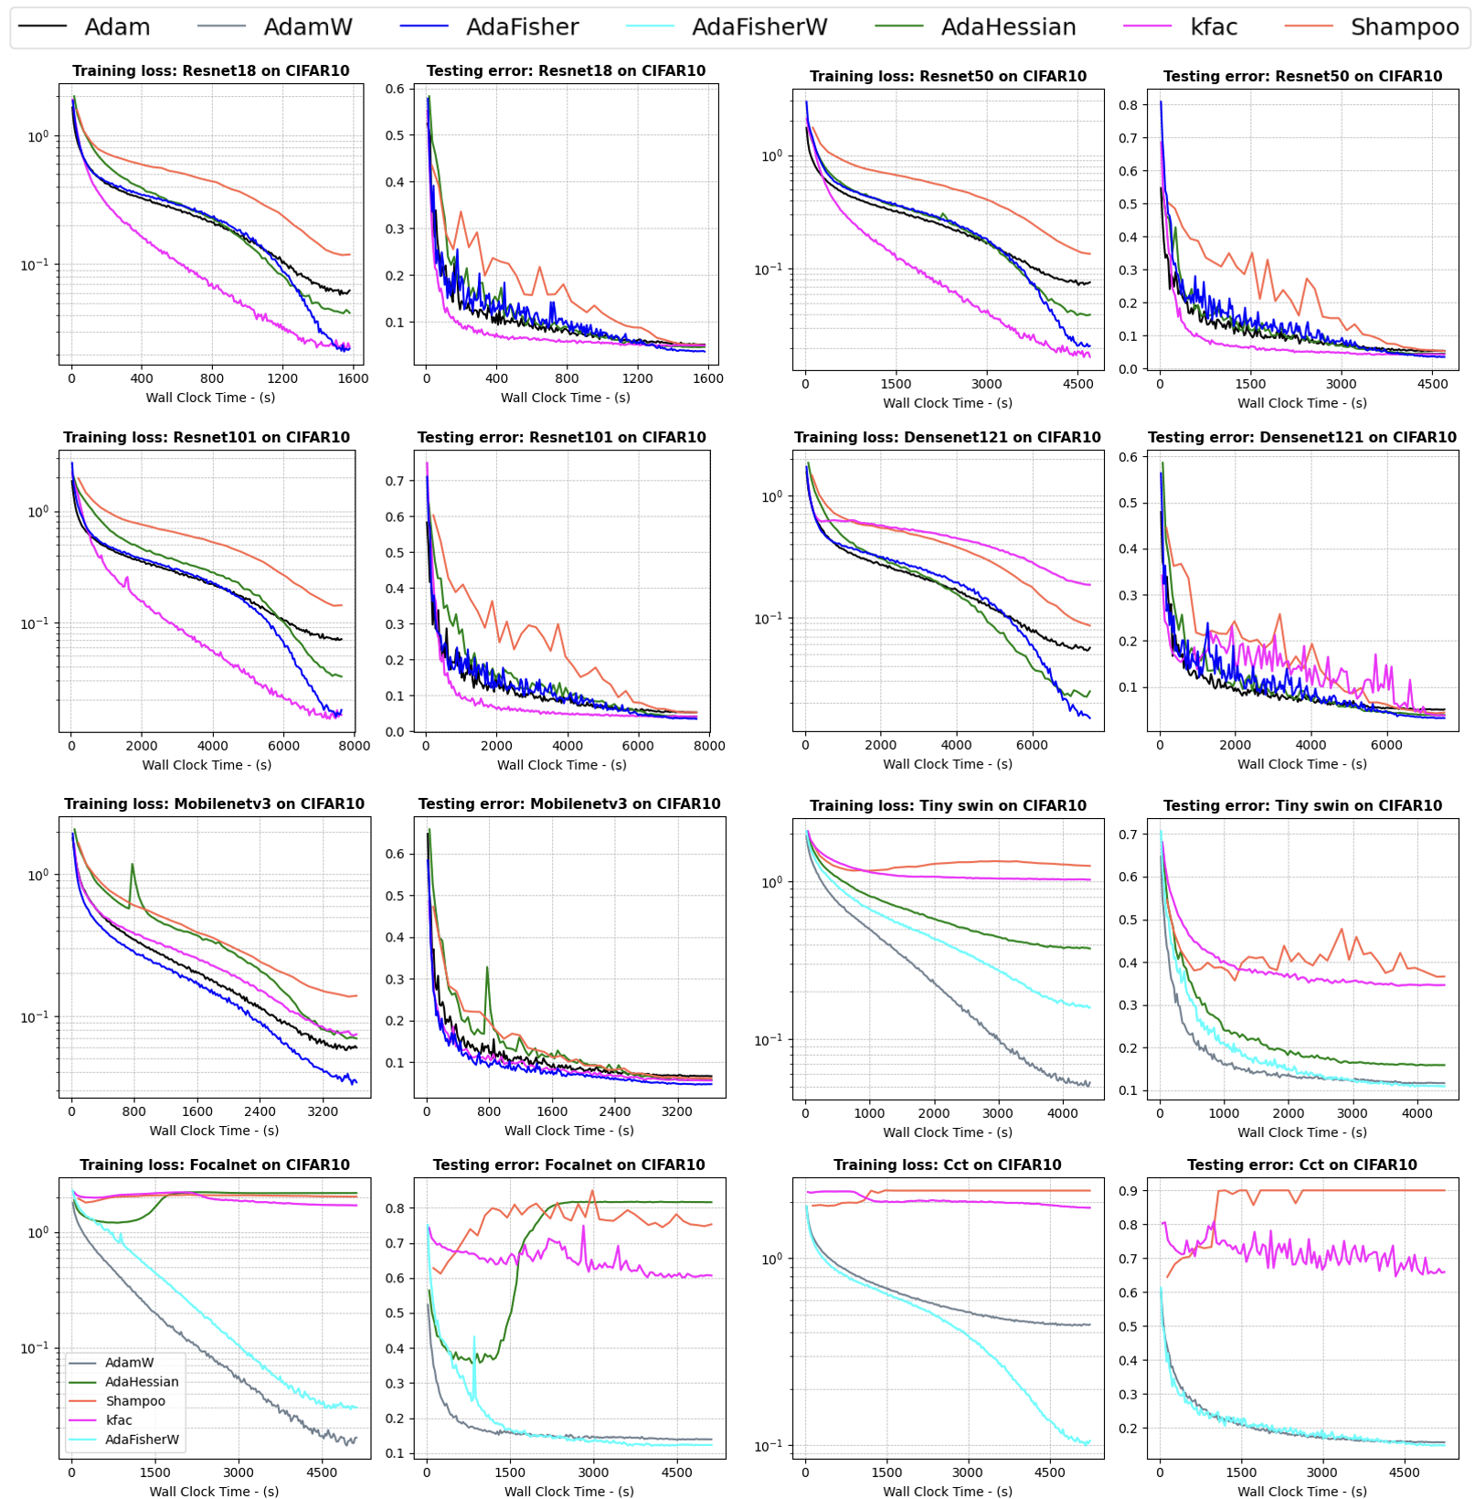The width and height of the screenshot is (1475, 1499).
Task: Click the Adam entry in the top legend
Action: point(116,27)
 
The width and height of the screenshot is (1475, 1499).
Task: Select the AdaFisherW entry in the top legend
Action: point(759,27)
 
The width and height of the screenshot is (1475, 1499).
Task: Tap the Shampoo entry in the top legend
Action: point(1404,27)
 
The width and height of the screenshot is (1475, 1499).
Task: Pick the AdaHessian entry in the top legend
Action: point(1008,27)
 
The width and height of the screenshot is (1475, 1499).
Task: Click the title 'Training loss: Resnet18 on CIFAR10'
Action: point(210,71)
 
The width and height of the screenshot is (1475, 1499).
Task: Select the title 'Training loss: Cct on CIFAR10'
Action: point(947,1164)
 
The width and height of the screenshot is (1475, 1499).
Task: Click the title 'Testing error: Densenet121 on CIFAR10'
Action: point(1301,437)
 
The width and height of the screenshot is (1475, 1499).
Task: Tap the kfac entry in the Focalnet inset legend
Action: point(119,1419)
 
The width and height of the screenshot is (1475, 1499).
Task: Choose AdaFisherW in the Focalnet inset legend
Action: point(142,1439)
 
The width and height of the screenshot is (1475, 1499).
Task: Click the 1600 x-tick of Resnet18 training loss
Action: point(353,378)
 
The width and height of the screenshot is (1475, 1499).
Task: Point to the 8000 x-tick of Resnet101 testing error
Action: point(709,746)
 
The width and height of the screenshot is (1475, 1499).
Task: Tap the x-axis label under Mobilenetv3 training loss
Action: point(214,1131)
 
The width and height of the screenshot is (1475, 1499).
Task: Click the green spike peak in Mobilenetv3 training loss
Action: point(133,864)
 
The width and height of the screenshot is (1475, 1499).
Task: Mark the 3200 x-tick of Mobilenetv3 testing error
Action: point(677,1111)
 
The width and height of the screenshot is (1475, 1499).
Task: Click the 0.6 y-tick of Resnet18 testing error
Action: point(395,89)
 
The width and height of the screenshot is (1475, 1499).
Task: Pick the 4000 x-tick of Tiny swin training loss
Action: point(1062,1113)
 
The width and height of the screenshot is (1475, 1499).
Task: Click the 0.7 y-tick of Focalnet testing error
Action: point(395,1243)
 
